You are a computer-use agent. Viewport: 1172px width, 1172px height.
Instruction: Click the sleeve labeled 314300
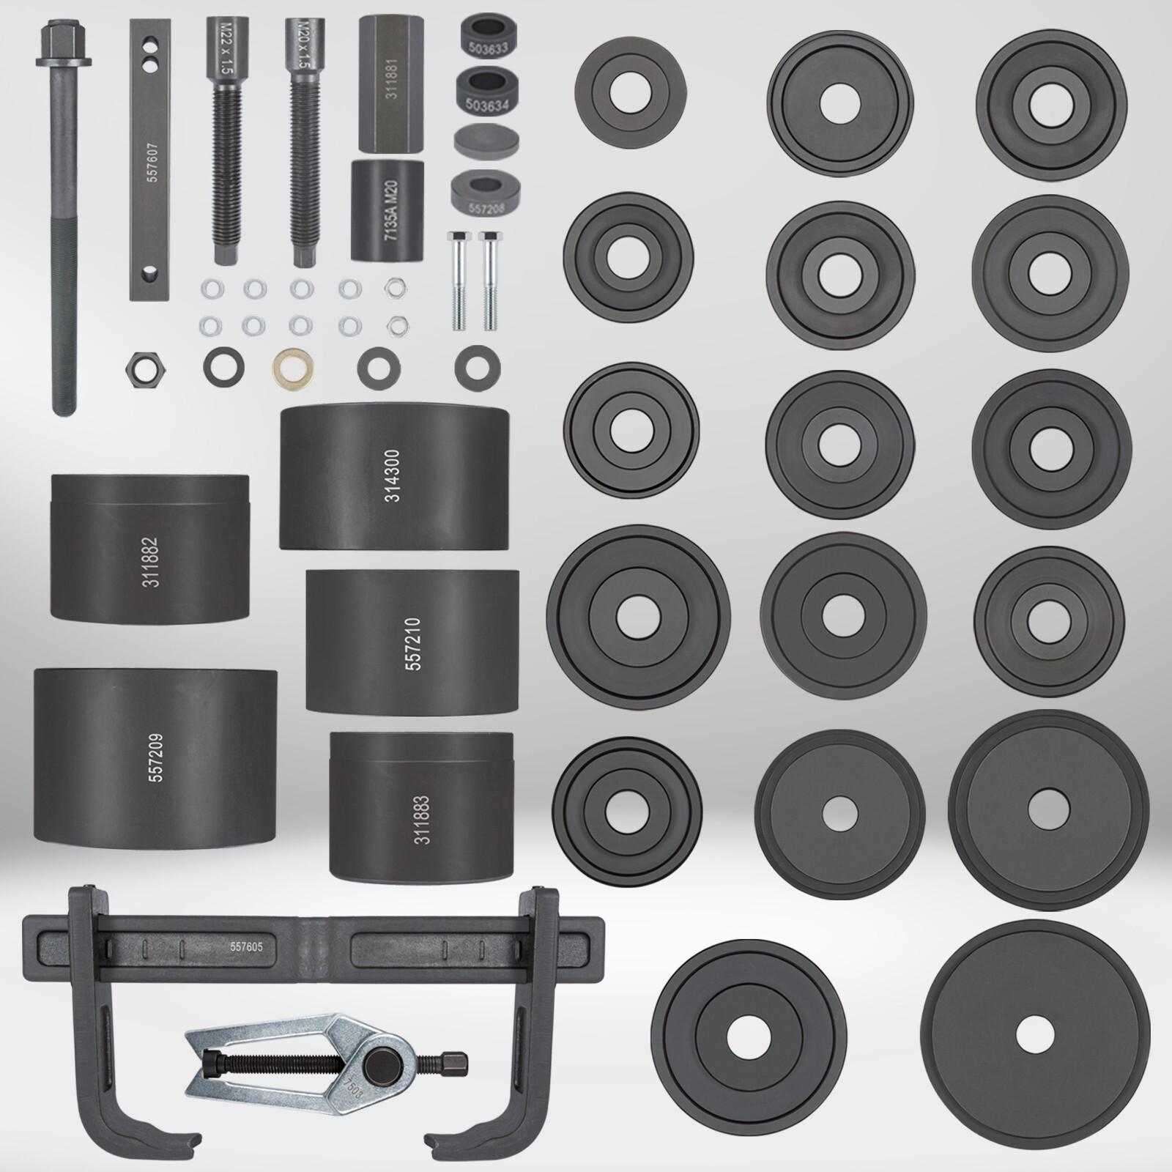(393, 476)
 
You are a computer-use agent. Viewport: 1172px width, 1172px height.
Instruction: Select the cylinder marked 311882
(150, 546)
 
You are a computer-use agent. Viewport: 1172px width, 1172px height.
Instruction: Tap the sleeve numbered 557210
(412, 641)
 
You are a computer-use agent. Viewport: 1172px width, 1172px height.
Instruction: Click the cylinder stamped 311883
(421, 806)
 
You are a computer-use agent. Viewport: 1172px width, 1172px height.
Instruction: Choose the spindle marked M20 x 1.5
(303, 146)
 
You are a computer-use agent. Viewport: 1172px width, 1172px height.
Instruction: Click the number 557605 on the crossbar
(246, 946)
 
